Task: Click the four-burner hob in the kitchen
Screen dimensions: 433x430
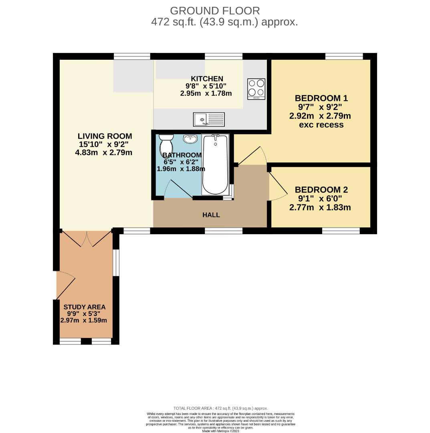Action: point(256,89)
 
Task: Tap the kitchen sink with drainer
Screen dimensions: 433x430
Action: point(209,119)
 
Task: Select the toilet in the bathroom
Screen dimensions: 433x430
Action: point(166,142)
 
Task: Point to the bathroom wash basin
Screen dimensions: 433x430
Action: point(191,139)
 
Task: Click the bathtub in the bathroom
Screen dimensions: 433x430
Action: point(215,164)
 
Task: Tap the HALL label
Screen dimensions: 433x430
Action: point(211,215)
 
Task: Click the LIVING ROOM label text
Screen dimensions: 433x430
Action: point(105,136)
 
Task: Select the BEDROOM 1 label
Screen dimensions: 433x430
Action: point(321,98)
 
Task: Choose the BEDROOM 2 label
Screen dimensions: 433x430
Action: point(321,190)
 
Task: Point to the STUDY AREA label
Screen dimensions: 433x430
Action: point(85,307)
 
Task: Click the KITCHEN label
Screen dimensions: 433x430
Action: point(207,79)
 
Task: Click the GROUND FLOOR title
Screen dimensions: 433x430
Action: point(215,11)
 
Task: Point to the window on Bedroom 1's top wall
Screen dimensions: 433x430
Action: point(344,57)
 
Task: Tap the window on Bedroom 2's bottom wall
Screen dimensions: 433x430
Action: point(341,231)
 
